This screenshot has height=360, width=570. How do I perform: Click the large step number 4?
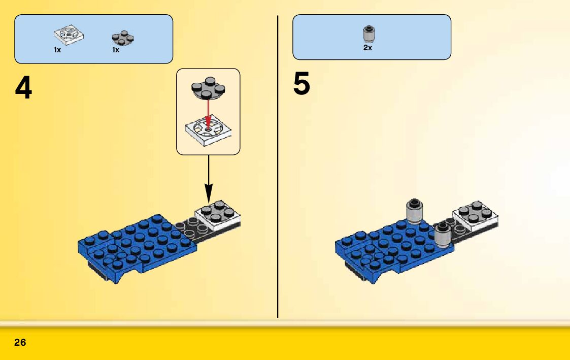pyautogui.click(x=23, y=89)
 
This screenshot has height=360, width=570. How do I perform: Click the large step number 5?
pyautogui.click(x=301, y=84)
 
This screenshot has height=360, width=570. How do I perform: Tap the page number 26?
pyautogui.click(x=20, y=343)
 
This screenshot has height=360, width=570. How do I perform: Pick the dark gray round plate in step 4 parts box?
pyautogui.click(x=122, y=38)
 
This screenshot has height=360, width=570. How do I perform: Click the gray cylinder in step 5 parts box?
pyautogui.click(x=368, y=34)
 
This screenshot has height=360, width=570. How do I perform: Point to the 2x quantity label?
pyautogui.click(x=367, y=48)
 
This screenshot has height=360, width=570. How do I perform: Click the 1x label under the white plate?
pyautogui.click(x=57, y=50)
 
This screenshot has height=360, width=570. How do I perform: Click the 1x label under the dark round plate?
pyautogui.click(x=116, y=50)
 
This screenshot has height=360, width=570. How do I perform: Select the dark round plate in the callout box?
pyautogui.click(x=208, y=88)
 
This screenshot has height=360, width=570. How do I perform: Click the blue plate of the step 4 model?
pyautogui.click(x=137, y=244)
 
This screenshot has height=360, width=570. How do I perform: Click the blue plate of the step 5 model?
pyautogui.click(x=391, y=246)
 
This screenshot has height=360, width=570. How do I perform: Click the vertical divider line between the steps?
pyautogui.click(x=278, y=168)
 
